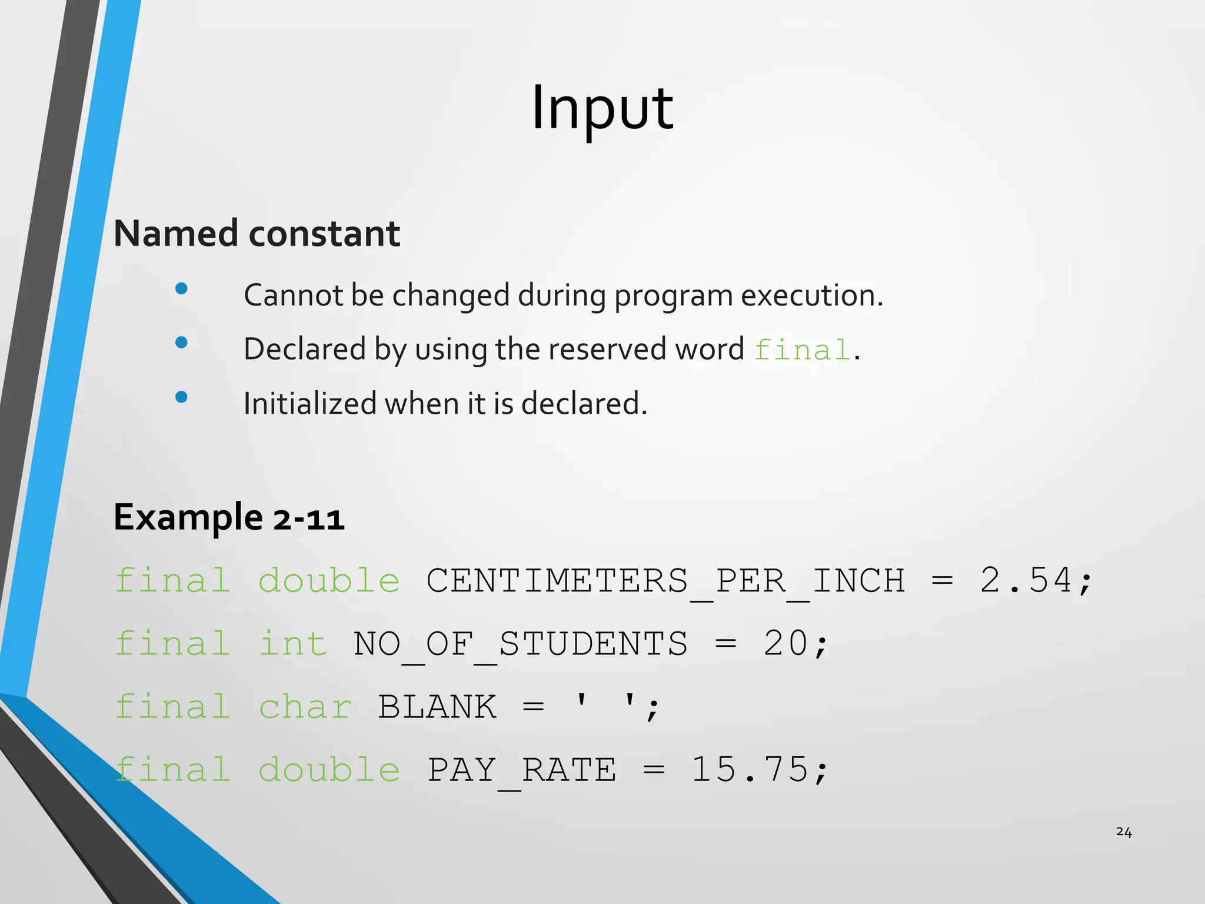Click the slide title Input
tap(602, 109)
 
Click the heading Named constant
tap(257, 234)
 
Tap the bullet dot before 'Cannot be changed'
tap(181, 288)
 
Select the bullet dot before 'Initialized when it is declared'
tap(181, 397)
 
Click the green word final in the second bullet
tap(803, 350)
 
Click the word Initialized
tap(310, 404)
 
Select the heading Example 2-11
tap(229, 517)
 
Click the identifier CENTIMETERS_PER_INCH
tap(665, 581)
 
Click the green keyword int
tap(293, 643)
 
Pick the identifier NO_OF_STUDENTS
tap(520, 643)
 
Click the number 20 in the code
tap(786, 643)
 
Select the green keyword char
tap(305, 707)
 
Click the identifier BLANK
tap(437, 707)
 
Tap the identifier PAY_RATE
tap(522, 770)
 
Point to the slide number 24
tap(1123, 832)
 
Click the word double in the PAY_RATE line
tap(329, 770)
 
